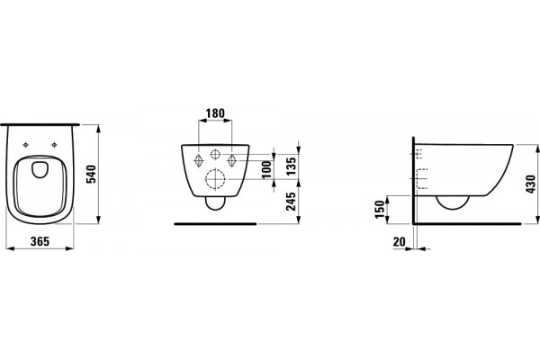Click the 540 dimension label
(91, 175)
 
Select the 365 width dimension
(40, 241)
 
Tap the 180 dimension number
(215, 113)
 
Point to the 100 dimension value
(267, 169)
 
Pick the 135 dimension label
(292, 166)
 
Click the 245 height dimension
(292, 202)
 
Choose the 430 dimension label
(531, 184)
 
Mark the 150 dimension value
(380, 209)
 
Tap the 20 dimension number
(399, 241)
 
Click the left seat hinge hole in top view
(25, 145)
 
